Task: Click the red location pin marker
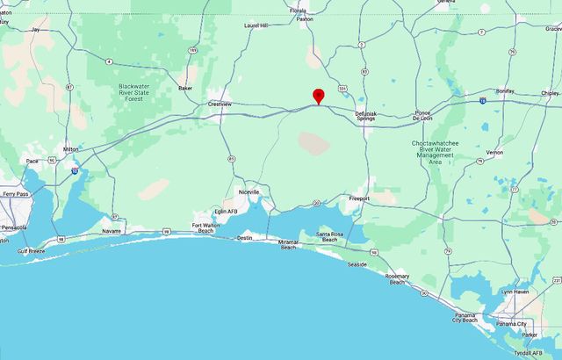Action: [x=318, y=96]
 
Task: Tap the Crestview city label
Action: [x=220, y=104]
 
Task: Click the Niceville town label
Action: [x=249, y=191]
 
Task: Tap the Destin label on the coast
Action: [x=244, y=237]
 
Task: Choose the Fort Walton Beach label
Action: [x=210, y=228]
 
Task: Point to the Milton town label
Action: [x=70, y=149]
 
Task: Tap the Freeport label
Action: [x=359, y=198]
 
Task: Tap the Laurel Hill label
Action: [x=256, y=25]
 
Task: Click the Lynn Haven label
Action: [x=513, y=291]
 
